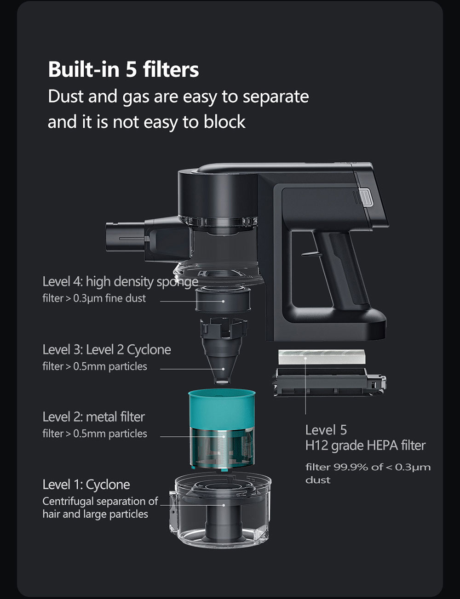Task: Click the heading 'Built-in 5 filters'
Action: [123, 69]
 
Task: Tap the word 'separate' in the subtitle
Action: [276, 97]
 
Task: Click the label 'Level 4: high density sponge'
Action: [120, 281]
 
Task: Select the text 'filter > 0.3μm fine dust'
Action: [94, 298]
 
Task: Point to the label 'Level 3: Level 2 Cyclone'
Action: [106, 349]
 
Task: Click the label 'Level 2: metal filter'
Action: [93, 416]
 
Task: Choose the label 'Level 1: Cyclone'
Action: [86, 484]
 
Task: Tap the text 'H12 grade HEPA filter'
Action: [365, 445]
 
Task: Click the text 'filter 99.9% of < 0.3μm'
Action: [368, 467]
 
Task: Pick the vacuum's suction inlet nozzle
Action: [124, 238]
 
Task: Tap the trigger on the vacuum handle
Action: [309, 252]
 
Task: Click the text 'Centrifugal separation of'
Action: [100, 501]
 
